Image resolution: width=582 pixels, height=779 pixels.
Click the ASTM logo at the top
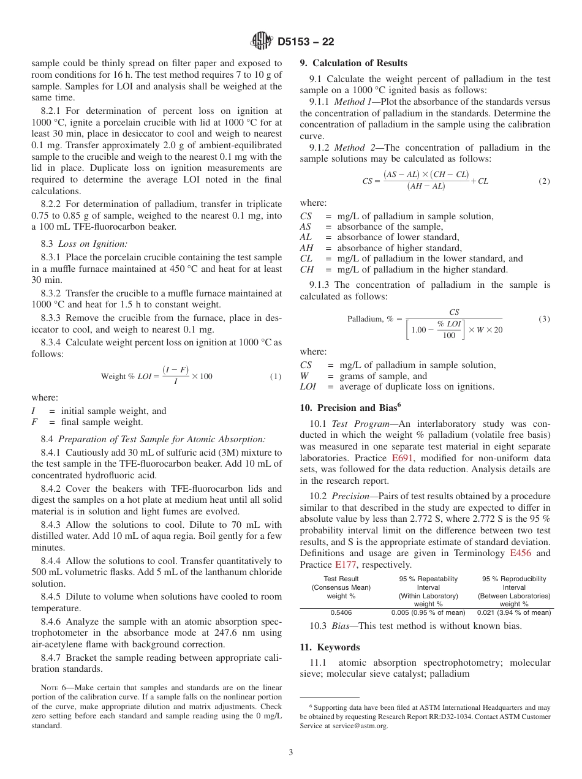[262, 42]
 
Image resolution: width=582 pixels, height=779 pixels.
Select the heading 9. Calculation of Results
[353, 63]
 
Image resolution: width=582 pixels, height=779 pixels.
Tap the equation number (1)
[276, 376]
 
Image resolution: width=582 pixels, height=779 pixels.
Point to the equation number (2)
[544, 181]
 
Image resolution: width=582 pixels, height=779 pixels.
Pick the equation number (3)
[544, 319]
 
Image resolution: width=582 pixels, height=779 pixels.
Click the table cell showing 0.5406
[341, 612]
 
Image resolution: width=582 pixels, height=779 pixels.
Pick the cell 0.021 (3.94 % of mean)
[514, 612]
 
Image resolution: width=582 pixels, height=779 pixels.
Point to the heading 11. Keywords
[330, 647]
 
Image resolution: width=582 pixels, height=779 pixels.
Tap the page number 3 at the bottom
[291, 753]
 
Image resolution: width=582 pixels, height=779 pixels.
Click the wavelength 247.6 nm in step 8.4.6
[235, 633]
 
